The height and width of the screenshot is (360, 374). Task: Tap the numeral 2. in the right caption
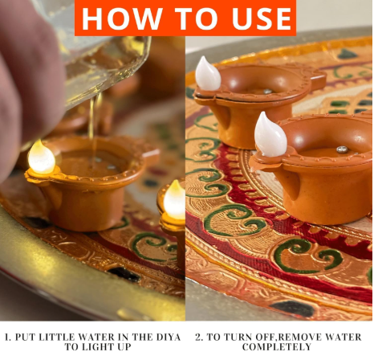pyautogui.click(x=197, y=337)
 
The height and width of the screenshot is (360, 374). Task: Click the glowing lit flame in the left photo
pyautogui.click(x=41, y=157)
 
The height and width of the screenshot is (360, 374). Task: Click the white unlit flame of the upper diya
pyautogui.click(x=207, y=74)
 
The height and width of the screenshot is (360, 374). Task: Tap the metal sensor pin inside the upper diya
pyautogui.click(x=266, y=91)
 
